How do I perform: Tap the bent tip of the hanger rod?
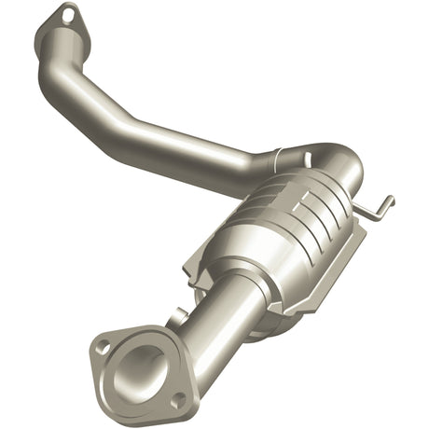coord(388,201)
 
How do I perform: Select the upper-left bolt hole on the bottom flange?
coord(103,347)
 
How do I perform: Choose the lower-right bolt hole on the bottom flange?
coord(176,399)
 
